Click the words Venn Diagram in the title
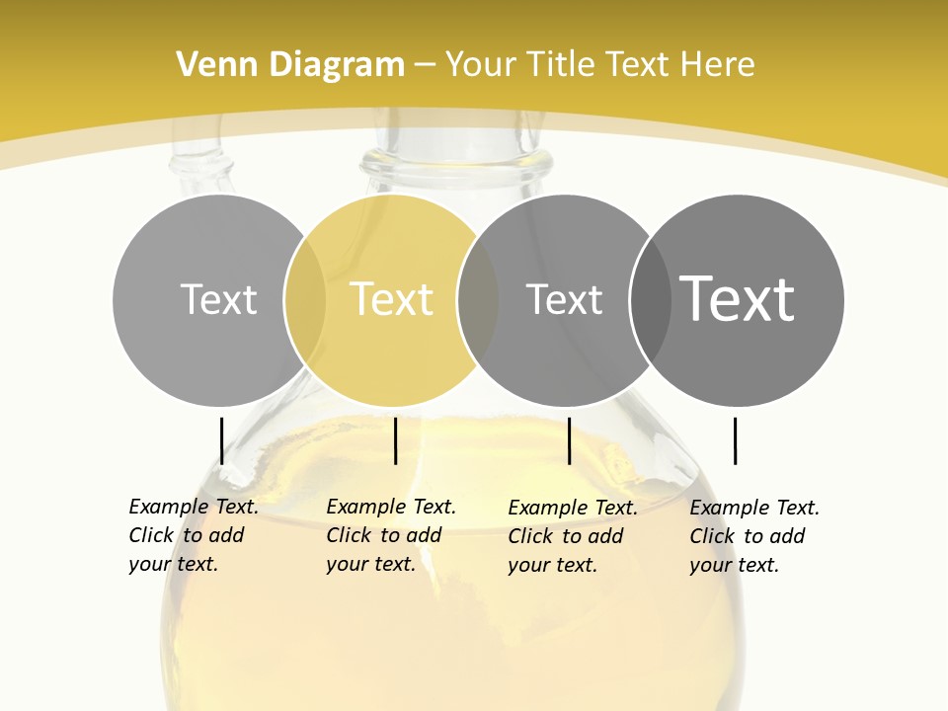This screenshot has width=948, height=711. click(x=290, y=65)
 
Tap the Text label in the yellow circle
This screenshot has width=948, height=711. click(x=391, y=299)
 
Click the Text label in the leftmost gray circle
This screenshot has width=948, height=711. click(x=218, y=299)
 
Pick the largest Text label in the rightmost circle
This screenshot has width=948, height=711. click(x=737, y=299)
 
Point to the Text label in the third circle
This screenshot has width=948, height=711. click(x=564, y=299)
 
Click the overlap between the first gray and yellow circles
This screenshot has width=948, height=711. click(x=305, y=300)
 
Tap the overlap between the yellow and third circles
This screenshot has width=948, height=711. click(x=478, y=300)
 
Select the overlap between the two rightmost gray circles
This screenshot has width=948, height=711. click(x=650, y=300)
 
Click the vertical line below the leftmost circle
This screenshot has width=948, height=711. click(x=222, y=440)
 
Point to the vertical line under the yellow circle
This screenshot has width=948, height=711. click(x=395, y=440)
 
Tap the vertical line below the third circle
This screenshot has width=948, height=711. click(x=569, y=440)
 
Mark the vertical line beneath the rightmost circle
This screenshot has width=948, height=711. click(x=735, y=440)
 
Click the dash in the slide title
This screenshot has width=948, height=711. click(x=425, y=66)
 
